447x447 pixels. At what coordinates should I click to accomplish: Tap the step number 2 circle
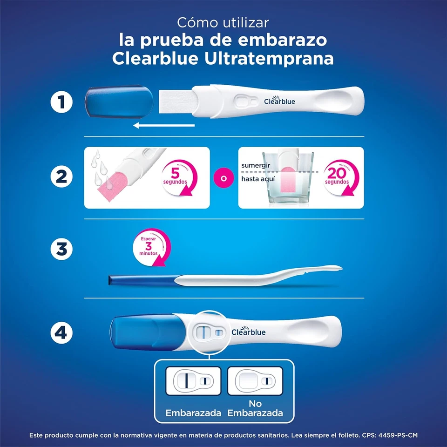pyautogui.click(x=62, y=177)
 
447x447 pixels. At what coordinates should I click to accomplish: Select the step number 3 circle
pyautogui.click(x=62, y=250)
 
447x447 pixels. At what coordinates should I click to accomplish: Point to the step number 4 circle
pyautogui.click(x=62, y=333)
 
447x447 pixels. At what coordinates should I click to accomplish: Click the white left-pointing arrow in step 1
pyautogui.click(x=163, y=125)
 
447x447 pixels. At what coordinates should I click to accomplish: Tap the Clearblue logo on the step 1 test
pyautogui.click(x=279, y=101)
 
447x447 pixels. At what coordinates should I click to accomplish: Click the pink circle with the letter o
pyautogui.click(x=223, y=177)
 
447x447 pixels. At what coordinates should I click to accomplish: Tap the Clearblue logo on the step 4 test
pyautogui.click(x=249, y=332)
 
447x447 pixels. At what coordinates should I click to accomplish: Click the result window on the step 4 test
pyautogui.click(x=208, y=332)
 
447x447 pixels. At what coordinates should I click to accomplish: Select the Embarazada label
pyautogui.click(x=193, y=413)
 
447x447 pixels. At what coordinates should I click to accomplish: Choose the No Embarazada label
pyautogui.click(x=255, y=408)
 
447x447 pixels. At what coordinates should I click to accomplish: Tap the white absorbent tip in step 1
pyautogui.click(x=176, y=101)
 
